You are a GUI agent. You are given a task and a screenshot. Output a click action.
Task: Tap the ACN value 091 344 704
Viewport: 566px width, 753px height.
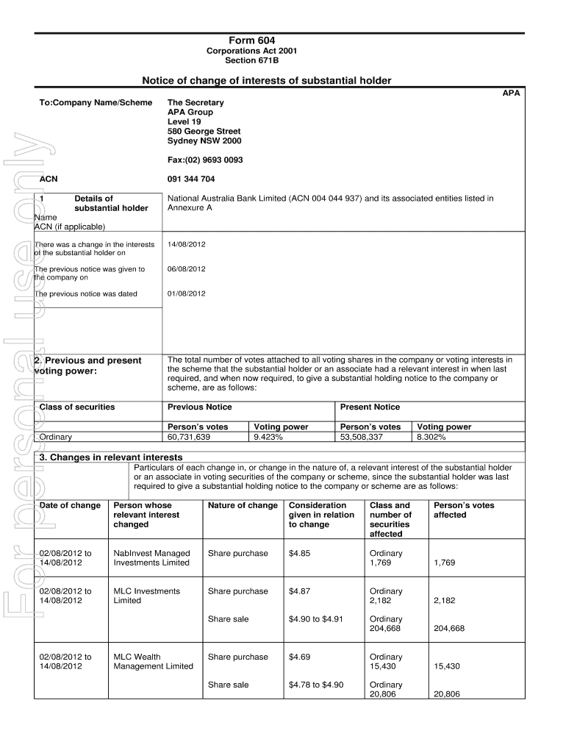tap(191, 179)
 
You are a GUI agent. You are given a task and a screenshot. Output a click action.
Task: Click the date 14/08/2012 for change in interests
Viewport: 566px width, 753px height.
tap(187, 244)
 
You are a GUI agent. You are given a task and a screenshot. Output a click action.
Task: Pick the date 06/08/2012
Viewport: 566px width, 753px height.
tap(187, 269)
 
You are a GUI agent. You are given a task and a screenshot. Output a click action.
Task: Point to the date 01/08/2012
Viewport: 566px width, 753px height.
tap(187, 294)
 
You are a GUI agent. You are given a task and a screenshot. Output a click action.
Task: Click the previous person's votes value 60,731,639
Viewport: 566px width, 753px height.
tap(189, 437)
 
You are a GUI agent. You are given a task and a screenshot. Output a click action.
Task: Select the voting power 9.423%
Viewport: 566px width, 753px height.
tap(268, 437)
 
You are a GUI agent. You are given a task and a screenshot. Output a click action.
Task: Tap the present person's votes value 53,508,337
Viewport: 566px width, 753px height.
tap(361, 437)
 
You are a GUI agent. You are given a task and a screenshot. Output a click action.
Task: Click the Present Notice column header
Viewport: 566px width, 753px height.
tap(370, 407)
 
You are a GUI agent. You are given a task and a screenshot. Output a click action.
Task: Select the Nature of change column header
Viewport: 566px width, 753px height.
tap(243, 505)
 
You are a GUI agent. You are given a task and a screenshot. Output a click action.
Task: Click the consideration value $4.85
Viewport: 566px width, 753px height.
tap(299, 553)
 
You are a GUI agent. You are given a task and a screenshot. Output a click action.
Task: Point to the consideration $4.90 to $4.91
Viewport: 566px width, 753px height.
tap(316, 619)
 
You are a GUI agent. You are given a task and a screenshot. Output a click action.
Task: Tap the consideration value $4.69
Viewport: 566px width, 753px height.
tap(299, 657)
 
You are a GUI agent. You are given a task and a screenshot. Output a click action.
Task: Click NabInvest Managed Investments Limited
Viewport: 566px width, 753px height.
tap(151, 558)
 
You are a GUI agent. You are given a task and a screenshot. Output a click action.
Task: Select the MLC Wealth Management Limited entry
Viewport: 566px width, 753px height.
tap(153, 662)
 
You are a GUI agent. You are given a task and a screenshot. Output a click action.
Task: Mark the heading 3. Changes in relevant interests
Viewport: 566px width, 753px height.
tap(110, 457)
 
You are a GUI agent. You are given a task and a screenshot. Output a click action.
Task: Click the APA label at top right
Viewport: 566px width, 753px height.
tap(511, 93)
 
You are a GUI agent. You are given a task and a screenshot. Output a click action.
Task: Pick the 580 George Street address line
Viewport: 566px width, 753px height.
tap(204, 132)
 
